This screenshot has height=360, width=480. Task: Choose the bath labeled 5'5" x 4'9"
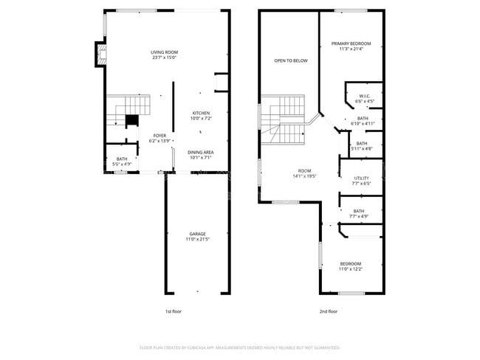click(x=121, y=161)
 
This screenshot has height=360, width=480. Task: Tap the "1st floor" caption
click(x=173, y=311)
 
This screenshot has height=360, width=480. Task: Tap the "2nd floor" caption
click(x=329, y=311)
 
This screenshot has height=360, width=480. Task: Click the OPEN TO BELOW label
click(x=290, y=60)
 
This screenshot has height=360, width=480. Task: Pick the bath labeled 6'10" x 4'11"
click(x=362, y=120)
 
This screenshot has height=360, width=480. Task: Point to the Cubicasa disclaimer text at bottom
click(x=239, y=347)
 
